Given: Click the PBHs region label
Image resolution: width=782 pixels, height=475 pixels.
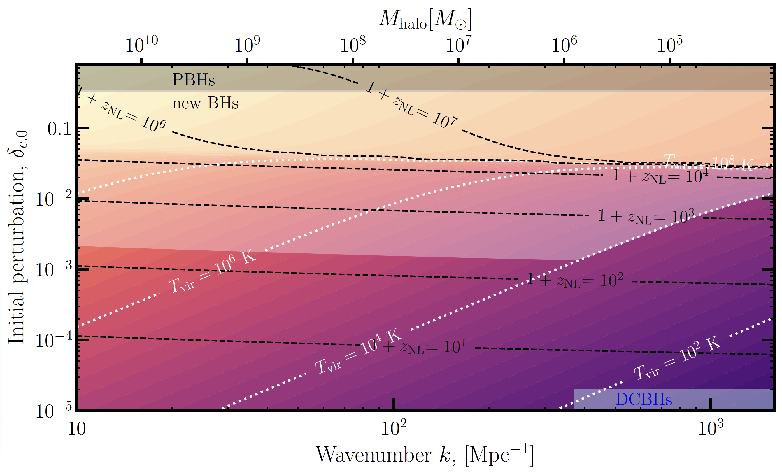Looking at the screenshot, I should [x=193, y=80].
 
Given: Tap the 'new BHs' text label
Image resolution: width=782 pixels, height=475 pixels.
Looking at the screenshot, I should [x=205, y=103].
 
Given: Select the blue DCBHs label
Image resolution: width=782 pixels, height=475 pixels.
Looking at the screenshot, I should [x=644, y=399].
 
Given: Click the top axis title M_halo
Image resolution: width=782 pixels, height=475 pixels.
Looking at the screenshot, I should [x=425, y=20].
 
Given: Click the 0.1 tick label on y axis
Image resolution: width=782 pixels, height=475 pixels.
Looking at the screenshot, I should [x=59, y=129].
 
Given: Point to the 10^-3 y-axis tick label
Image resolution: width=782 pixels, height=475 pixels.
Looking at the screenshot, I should [x=53, y=270].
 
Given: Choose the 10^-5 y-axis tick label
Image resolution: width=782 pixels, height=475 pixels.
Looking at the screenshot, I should [x=53, y=411].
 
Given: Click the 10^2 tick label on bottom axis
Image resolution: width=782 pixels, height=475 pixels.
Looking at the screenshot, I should [x=394, y=428].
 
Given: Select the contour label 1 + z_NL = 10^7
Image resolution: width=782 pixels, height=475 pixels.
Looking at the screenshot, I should [x=411, y=104].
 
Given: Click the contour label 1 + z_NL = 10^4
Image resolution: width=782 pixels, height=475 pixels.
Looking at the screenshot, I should [x=660, y=176].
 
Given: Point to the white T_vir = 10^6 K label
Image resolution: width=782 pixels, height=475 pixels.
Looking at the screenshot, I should [x=212, y=273].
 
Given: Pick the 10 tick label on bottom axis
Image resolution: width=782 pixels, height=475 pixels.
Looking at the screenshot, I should [x=77, y=429].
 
